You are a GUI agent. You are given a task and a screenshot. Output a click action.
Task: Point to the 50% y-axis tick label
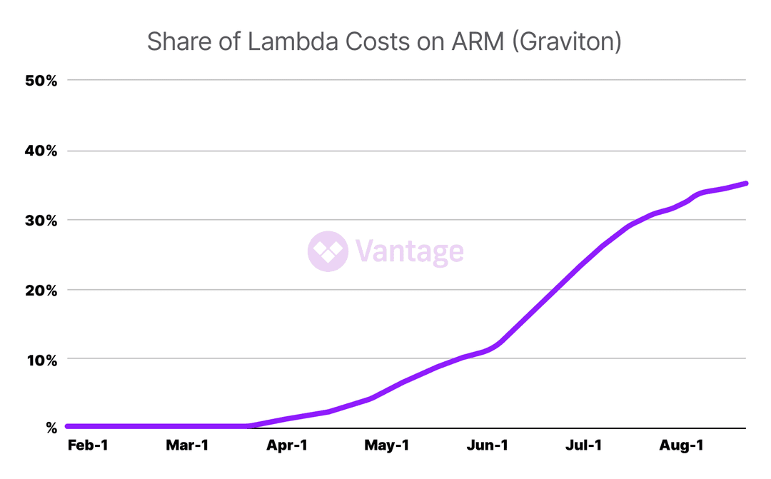pyautogui.click(x=41, y=81)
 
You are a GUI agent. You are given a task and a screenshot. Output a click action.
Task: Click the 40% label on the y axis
pyautogui.click(x=41, y=151)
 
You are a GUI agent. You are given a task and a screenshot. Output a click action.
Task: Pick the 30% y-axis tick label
pyautogui.click(x=41, y=220)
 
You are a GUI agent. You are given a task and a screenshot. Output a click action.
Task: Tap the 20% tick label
pyautogui.click(x=41, y=290)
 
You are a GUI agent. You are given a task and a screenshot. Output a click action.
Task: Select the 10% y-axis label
pyautogui.click(x=41, y=359)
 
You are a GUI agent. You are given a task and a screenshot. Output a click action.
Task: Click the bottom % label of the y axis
pyautogui.click(x=51, y=428)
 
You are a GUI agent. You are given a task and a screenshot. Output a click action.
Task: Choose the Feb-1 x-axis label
pyautogui.click(x=87, y=446)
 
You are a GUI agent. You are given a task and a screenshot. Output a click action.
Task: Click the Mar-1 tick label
pyautogui.click(x=187, y=446)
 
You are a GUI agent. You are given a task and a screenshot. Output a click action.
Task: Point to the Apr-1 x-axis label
pyautogui.click(x=287, y=446)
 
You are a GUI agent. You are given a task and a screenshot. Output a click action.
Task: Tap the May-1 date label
pyautogui.click(x=386, y=446)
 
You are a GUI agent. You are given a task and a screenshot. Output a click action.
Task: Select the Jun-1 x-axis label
pyautogui.click(x=488, y=446)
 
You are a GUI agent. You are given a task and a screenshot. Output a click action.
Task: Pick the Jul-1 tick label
pyautogui.click(x=584, y=446)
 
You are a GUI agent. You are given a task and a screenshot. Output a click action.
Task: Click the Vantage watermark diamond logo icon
pyautogui.click(x=328, y=251)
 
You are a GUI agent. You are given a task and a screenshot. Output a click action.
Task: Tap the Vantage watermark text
pyautogui.click(x=409, y=252)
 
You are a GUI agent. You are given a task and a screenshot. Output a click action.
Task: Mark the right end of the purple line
pyautogui.click(x=746, y=183)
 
